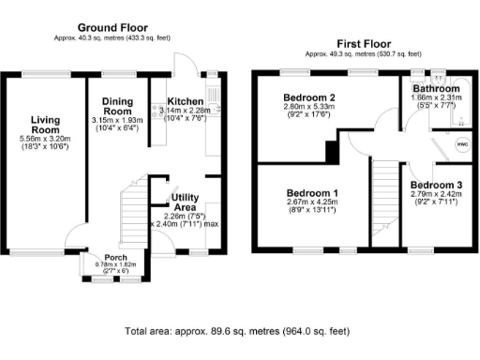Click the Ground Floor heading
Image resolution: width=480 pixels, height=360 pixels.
pos(116,27)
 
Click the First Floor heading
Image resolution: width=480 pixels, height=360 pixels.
pos(363,44)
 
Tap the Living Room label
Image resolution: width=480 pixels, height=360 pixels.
pos(45,125)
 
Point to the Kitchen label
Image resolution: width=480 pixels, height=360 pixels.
pos(186,101)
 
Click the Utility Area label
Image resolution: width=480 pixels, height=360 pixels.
pos(184,202)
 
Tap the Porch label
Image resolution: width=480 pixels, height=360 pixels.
pos(116,257)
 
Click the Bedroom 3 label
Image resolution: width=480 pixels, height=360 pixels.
pos(436,185)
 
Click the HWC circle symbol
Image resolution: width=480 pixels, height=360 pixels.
pos(461,145)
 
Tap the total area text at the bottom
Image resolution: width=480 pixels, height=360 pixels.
pos(239,332)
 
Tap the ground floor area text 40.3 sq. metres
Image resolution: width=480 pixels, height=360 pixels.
pos(116,37)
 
